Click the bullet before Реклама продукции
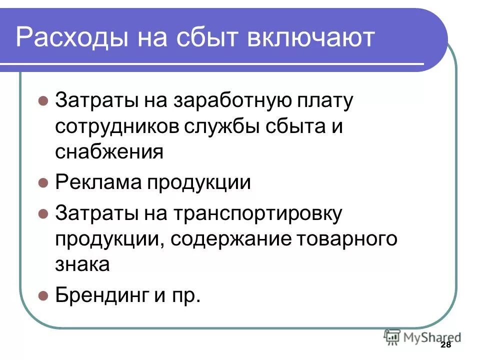pos(43,182)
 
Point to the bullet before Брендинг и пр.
pos(43,294)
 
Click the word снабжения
pos(109,151)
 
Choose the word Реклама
pos(96,182)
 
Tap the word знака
pos(82,264)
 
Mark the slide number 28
pos(446,346)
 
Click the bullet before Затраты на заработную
pos(43,100)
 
